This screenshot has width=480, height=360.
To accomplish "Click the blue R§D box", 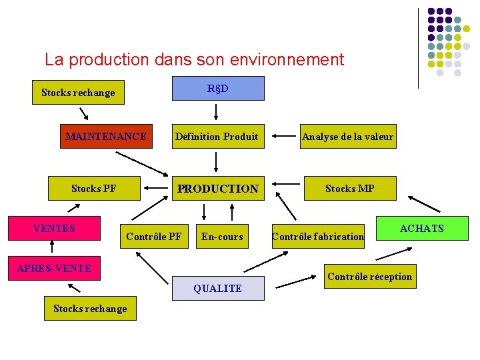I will [218, 88].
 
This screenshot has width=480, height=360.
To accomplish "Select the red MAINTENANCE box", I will [106, 137].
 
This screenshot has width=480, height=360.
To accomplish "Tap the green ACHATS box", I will [421, 229].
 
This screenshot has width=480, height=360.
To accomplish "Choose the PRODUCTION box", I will [217, 189].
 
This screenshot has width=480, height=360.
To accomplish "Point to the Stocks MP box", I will [349, 189].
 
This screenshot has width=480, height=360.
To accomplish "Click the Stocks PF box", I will [93, 189].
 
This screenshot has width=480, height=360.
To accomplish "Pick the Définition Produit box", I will [217, 137].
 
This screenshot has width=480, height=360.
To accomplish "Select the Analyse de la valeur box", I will [347, 137].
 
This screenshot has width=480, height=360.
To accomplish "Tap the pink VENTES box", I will [54, 228].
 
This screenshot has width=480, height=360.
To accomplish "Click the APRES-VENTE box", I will [53, 269].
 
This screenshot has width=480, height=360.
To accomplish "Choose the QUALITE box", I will [217, 288].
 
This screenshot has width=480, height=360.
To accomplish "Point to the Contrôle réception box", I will [371, 277].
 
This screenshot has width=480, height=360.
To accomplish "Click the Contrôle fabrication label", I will [318, 236].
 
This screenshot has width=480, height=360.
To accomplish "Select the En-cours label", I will [222, 236].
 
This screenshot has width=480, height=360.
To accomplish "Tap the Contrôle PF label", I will [153, 236].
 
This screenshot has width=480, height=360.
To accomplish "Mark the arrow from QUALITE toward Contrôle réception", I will [295, 283].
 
